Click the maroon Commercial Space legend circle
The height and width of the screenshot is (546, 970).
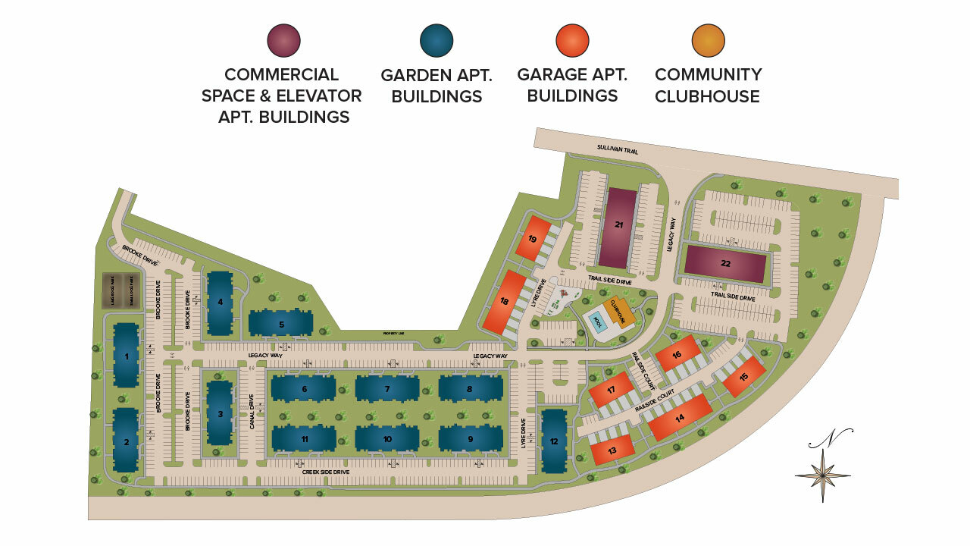click(x=284, y=41)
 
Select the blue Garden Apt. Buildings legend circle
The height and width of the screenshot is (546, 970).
click(x=436, y=41)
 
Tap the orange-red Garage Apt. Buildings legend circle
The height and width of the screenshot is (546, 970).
click(x=572, y=41)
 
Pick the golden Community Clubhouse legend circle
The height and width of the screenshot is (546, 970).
click(x=709, y=41)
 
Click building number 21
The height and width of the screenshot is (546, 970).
click(x=621, y=226)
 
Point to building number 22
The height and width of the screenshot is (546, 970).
click(x=725, y=264)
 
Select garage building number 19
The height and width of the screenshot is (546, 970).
click(x=533, y=237)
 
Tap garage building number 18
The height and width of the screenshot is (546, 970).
click(x=505, y=302)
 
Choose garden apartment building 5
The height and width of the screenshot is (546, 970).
click(x=280, y=324)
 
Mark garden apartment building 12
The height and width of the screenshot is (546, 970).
click(x=554, y=442)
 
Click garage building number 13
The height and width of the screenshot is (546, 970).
click(x=611, y=450)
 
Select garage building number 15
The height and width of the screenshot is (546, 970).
click(x=743, y=377)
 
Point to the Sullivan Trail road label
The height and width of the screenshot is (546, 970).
click(x=617, y=151)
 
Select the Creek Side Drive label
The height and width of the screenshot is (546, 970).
click(x=326, y=472)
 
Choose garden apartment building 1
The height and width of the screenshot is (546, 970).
click(x=127, y=356)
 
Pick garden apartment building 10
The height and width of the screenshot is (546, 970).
click(x=386, y=438)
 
